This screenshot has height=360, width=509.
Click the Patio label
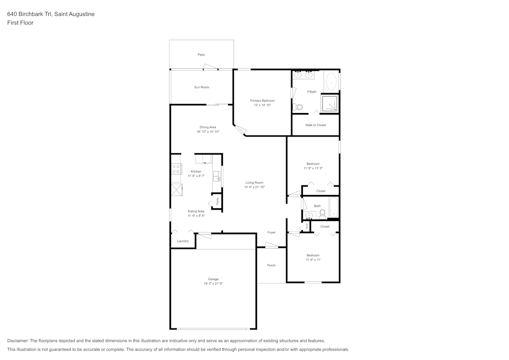pos(202,54)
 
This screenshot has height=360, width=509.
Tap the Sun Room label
pos(202,87)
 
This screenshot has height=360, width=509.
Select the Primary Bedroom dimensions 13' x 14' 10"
pos(262,105)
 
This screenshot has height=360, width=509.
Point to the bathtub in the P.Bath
pos(331,81)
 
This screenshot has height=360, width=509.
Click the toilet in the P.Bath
pos(298,107)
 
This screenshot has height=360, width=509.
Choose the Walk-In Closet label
pos(316,125)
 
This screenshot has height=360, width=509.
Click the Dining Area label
pos(208,127)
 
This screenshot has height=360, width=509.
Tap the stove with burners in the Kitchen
pos(176,169)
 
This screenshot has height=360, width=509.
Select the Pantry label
pos(217,201)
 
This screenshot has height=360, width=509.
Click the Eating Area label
pos(196,211)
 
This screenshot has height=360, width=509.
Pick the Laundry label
pos(183,241)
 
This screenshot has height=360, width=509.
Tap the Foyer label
pos(271,232)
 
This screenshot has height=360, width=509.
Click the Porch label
pos(271,265)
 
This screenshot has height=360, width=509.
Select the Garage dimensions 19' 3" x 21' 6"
pos(213,283)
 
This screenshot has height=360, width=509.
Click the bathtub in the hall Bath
pos(333,208)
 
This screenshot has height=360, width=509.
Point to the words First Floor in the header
pos(20,23)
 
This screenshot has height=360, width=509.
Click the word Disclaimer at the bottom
pos(18,341)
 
